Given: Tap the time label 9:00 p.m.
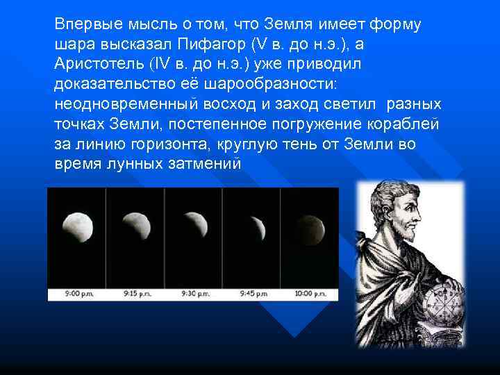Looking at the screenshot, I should pyautogui.click(x=76, y=294).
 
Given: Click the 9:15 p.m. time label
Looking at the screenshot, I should pyautogui.click(x=135, y=294).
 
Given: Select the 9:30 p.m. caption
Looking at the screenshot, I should pyautogui.click(x=194, y=294).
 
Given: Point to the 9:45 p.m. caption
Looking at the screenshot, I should pyautogui.click(x=251, y=294).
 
